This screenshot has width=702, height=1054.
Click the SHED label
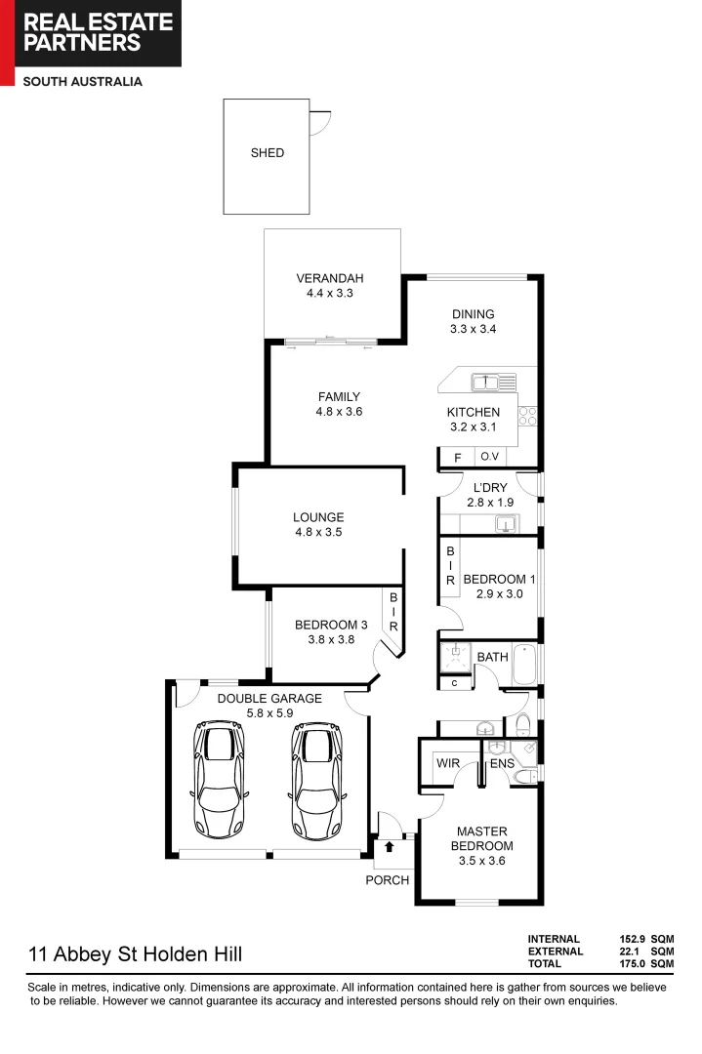click(x=267, y=153)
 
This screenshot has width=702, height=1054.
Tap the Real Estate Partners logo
click(x=90, y=34)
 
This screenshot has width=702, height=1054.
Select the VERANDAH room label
click(x=331, y=279)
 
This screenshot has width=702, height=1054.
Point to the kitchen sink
click(x=485, y=381)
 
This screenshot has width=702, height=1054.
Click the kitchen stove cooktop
click(x=528, y=416)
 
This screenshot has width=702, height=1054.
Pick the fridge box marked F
click(x=456, y=457)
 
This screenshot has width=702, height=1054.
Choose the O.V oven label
click(x=489, y=457)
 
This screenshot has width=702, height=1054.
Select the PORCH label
click(x=388, y=880)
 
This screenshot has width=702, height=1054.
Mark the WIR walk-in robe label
click(x=448, y=763)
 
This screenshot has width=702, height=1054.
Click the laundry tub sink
click(x=505, y=525)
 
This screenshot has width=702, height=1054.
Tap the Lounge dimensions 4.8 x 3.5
click(x=318, y=533)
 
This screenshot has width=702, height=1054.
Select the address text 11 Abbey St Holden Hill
click(x=136, y=953)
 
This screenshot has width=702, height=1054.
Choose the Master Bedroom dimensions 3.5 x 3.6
click(x=480, y=861)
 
